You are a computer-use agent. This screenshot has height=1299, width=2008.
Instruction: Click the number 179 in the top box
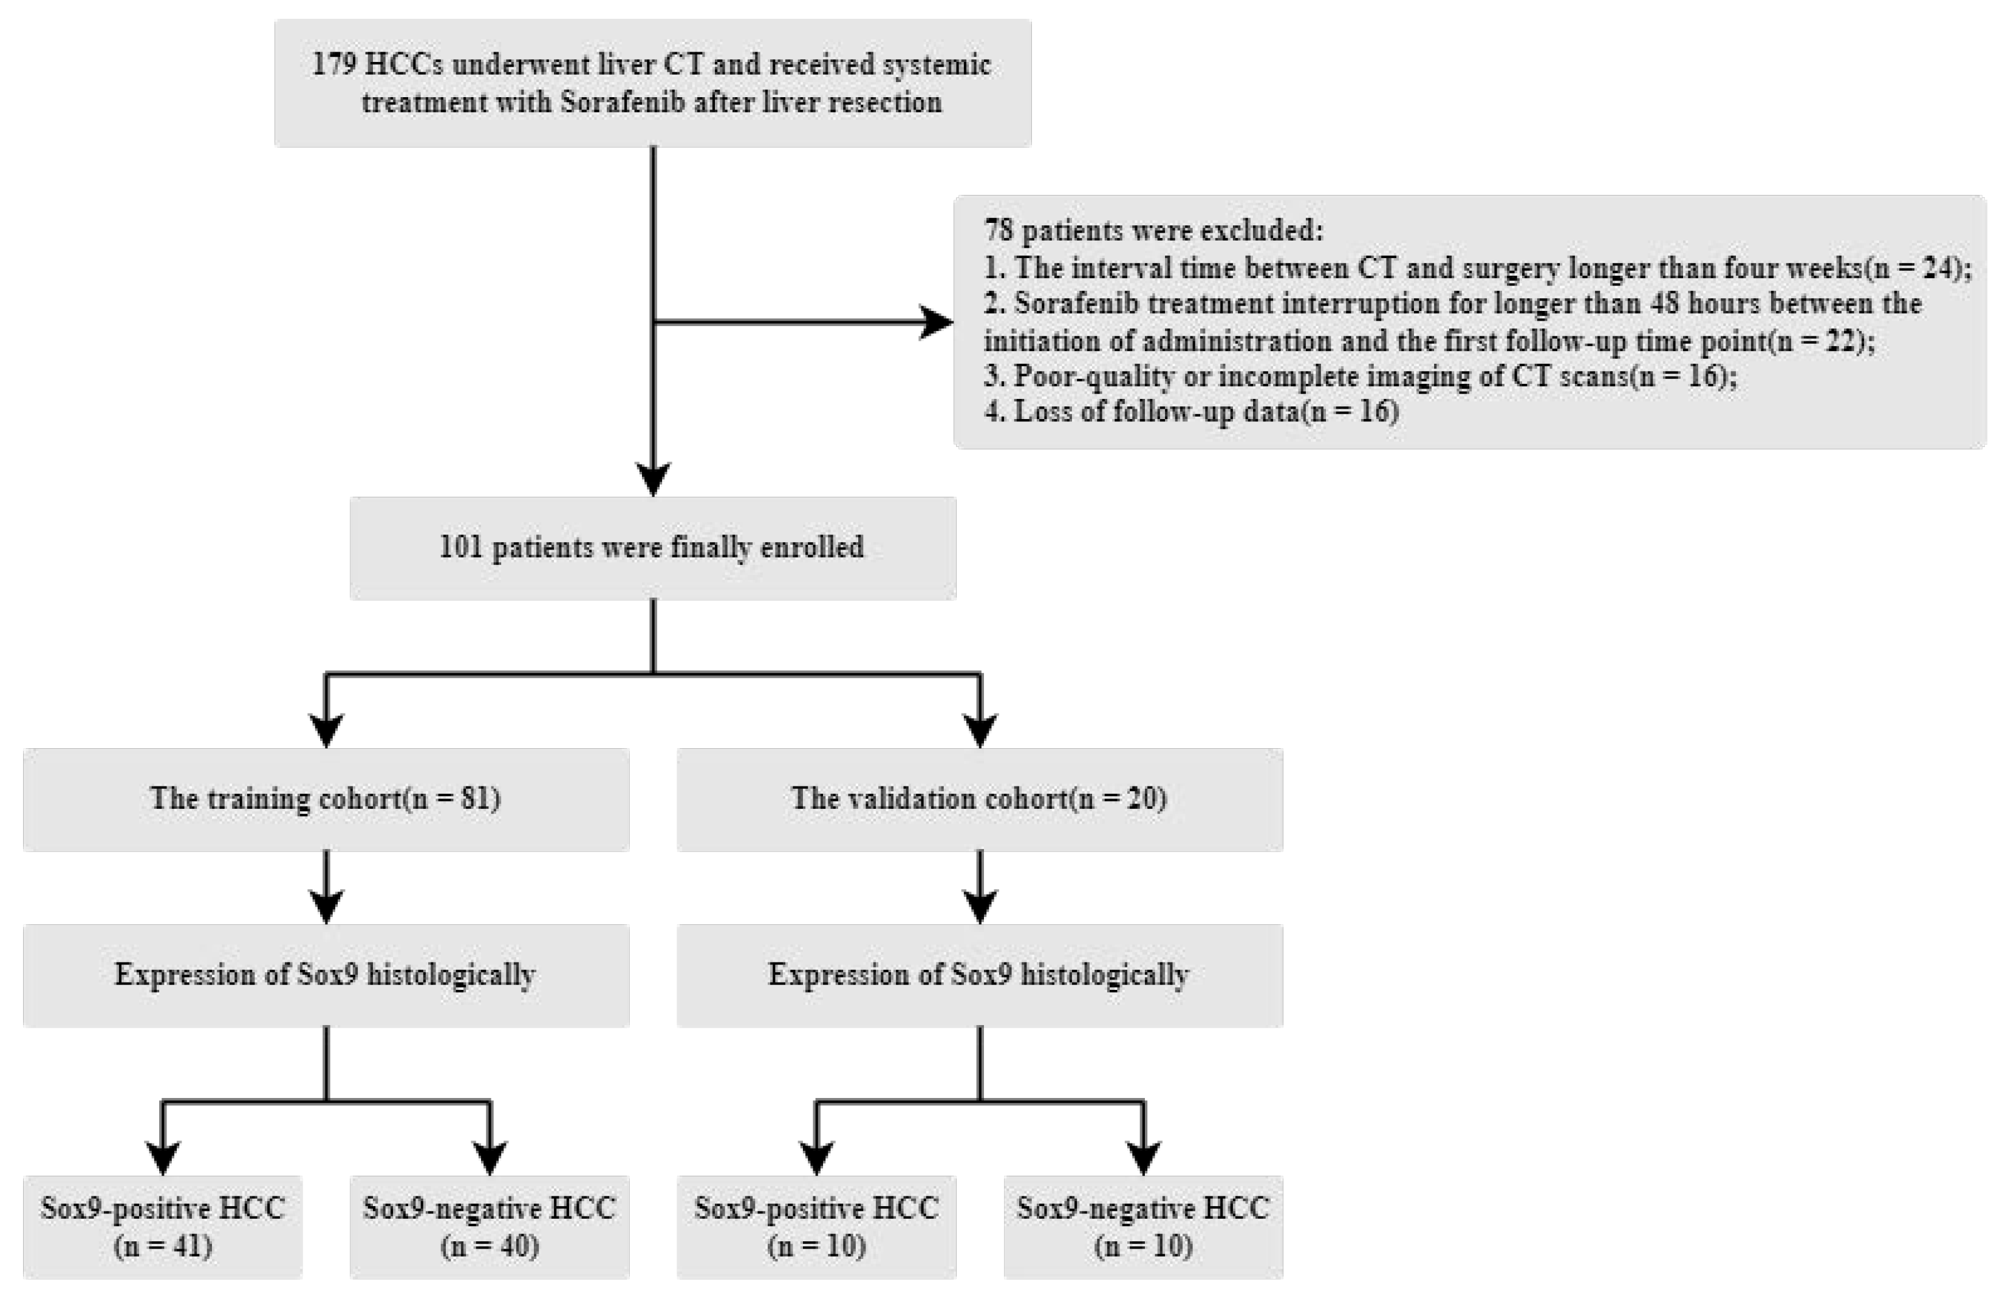tap(335, 65)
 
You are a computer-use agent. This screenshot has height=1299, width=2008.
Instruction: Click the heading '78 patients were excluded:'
tap(1153, 230)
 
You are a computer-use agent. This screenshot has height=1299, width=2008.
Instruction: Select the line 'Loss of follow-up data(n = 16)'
tap(1191, 412)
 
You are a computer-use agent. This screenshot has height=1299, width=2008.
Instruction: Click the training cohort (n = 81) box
tap(326, 799)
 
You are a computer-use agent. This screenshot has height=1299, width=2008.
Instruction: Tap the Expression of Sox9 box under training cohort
tap(326, 975)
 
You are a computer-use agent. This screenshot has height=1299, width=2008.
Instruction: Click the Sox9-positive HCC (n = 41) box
tap(162, 1227)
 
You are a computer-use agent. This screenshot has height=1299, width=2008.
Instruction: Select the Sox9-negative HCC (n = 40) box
tap(490, 1227)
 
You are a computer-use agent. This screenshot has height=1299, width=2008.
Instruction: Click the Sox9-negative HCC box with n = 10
tap(1142, 1227)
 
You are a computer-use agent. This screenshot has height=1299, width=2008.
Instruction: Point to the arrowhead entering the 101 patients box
tap(653, 479)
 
